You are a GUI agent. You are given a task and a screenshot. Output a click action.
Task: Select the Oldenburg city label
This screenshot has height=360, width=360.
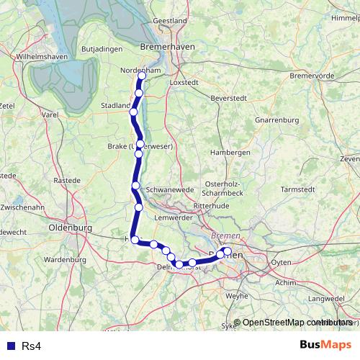71,228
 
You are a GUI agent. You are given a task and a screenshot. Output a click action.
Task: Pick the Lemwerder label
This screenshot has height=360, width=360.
171,217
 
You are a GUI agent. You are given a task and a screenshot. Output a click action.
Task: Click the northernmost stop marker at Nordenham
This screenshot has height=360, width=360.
142,76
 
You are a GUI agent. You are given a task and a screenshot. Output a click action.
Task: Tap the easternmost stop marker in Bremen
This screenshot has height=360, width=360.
228,251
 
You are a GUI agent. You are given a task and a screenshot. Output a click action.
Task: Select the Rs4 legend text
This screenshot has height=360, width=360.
31,346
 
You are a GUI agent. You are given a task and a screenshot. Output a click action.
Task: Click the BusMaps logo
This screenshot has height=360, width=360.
325,346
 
